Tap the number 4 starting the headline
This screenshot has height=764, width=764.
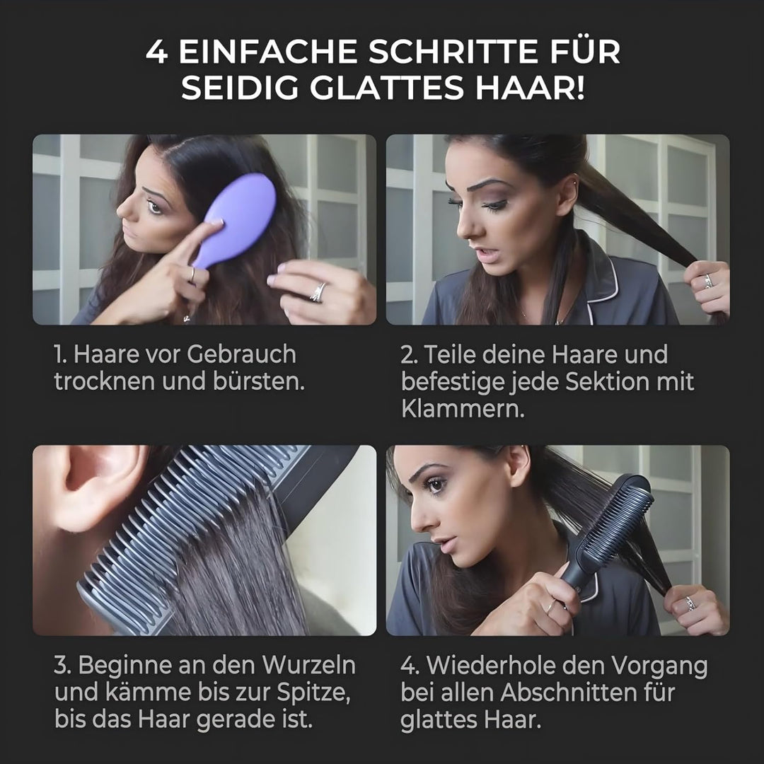tap(157, 52)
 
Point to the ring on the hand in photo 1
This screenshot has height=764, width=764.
tap(318, 291)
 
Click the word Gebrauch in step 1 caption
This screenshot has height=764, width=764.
tap(242, 354)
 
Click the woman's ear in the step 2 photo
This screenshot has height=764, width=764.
tap(567, 195)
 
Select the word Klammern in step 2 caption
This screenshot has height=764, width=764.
tap(463, 409)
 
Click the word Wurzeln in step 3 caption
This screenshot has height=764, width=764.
tap(309, 665)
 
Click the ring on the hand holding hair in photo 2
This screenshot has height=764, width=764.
tap(707, 281)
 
